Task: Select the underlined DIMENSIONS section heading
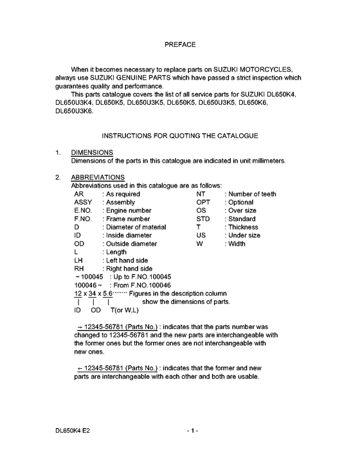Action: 92,152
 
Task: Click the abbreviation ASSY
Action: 84,202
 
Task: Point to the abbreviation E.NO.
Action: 85,210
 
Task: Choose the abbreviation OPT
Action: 204,202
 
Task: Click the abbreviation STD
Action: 204,219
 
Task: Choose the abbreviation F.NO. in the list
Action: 85,219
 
